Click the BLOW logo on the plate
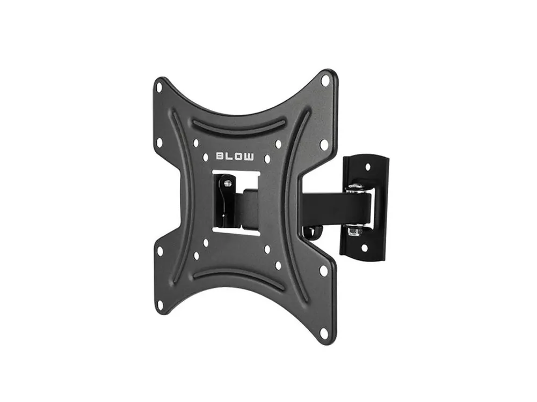pos(235,156)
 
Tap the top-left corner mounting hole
pos(159,86)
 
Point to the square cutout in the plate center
pos(236,203)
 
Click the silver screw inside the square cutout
pos(227,184)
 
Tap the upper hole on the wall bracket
pos(368,167)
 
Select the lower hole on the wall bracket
pos(365,248)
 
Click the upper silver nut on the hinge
pos(355,188)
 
